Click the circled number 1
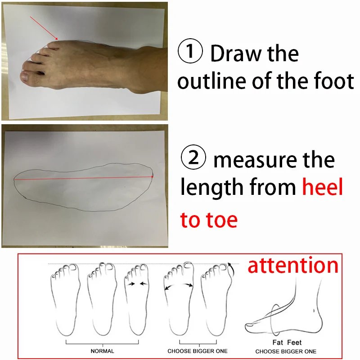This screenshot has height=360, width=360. [191, 53]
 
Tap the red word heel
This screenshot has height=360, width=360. [322, 188]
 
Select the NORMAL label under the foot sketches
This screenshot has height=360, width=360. [102, 351]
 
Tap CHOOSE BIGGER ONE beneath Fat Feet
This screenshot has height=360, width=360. [286, 351]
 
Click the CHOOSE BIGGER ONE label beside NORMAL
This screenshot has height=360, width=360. [198, 351]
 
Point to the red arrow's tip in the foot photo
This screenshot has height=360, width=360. [58, 40]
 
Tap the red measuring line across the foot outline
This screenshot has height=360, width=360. [83, 178]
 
